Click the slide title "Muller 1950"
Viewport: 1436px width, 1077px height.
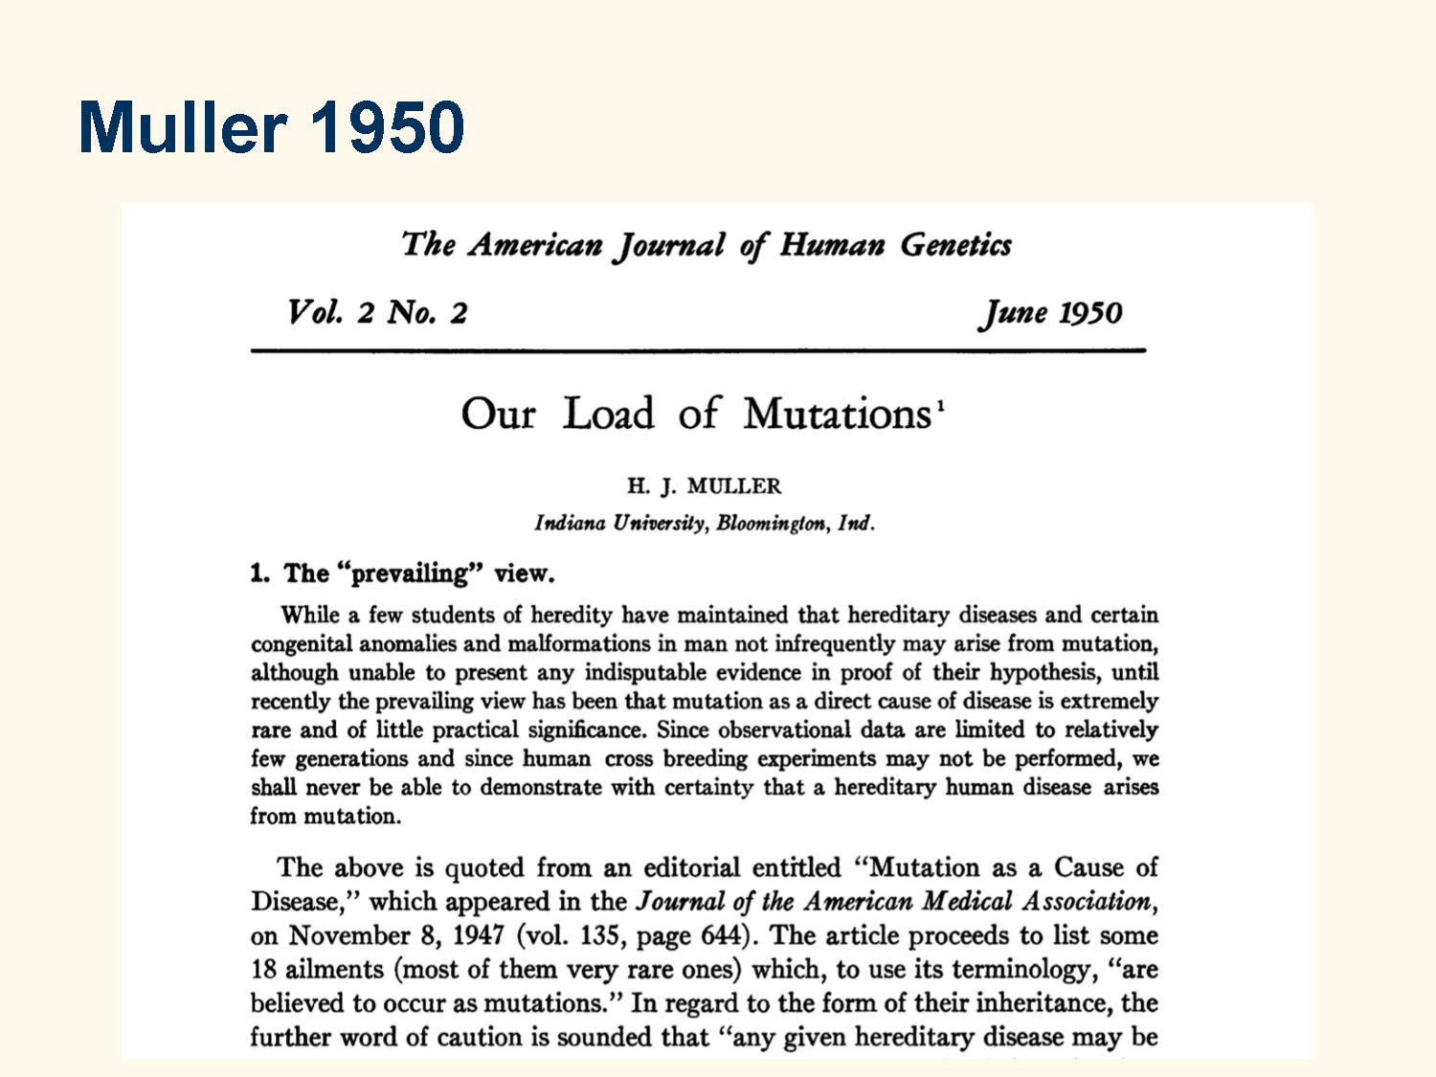point(272,126)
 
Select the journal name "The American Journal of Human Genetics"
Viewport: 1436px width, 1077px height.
point(707,245)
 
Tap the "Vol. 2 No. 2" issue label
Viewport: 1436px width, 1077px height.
point(377,313)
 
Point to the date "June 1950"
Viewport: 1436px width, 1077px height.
point(1049,313)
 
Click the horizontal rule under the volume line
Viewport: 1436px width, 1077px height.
point(698,351)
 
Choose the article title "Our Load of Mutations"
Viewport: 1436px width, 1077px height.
point(696,414)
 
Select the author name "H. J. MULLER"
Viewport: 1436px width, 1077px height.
point(704,486)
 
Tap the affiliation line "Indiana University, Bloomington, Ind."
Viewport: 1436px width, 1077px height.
point(704,524)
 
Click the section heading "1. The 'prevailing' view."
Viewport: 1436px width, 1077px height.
point(402,573)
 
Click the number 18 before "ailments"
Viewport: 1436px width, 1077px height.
point(263,969)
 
